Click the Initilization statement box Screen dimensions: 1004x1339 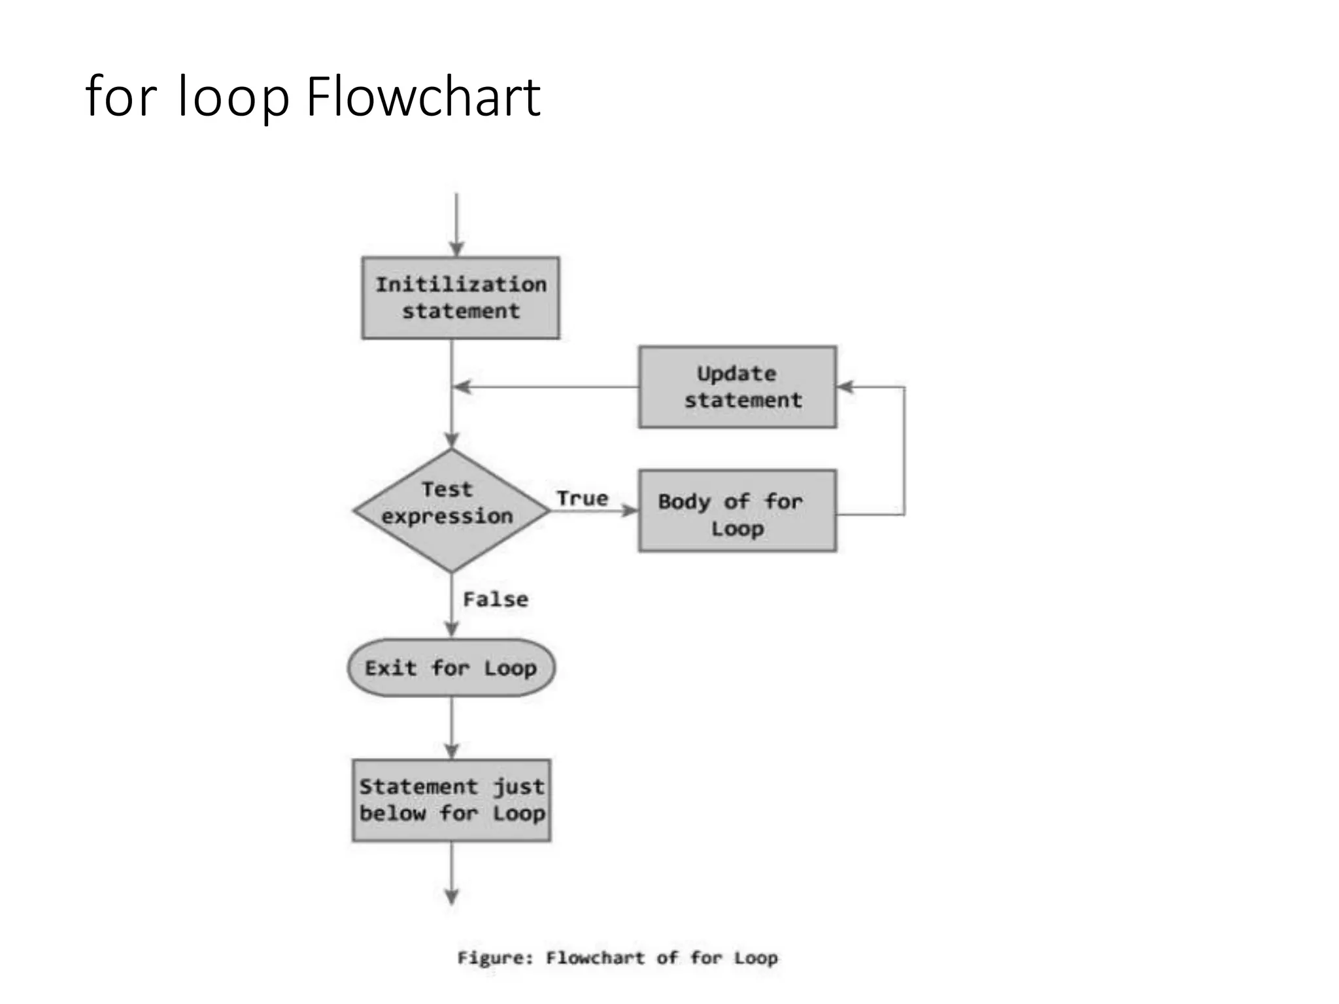click(460, 298)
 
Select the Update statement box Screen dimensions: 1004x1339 click(737, 387)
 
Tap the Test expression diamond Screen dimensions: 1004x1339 click(451, 510)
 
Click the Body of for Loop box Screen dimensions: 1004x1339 click(737, 510)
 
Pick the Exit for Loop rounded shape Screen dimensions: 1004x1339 click(451, 668)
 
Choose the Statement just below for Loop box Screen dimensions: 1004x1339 click(451, 800)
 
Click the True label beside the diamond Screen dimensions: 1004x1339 click(582, 499)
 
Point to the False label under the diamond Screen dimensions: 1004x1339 click(496, 599)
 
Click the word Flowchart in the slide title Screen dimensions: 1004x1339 click(424, 97)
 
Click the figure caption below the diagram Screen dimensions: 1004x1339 click(617, 958)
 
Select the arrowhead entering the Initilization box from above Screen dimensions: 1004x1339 click(456, 249)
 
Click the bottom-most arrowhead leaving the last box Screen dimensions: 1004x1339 click(451, 896)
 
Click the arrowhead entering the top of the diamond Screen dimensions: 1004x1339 click(451, 440)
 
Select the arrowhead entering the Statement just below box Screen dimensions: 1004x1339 click(451, 750)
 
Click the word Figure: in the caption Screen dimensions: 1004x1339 click(495, 958)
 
